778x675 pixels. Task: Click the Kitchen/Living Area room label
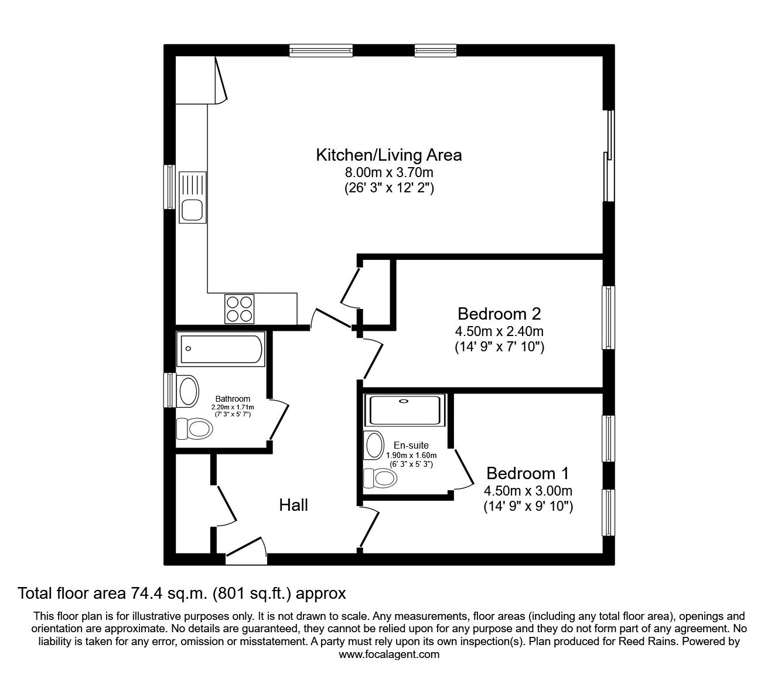[x=389, y=155]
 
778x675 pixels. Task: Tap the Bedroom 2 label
[x=499, y=313]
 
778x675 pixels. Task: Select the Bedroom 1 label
[x=528, y=473]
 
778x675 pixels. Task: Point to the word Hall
[x=294, y=505]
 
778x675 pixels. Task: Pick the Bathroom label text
[x=233, y=399]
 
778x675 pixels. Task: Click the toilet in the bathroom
[x=194, y=429]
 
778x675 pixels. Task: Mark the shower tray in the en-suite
[x=405, y=410]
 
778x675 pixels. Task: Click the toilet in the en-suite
[x=380, y=478]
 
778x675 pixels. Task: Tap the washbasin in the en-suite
[x=373, y=446]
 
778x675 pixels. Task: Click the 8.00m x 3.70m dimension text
[x=389, y=172]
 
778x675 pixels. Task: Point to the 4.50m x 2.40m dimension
[x=500, y=331]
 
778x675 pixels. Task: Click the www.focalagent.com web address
[x=389, y=654]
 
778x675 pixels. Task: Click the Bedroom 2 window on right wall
[x=609, y=317]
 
